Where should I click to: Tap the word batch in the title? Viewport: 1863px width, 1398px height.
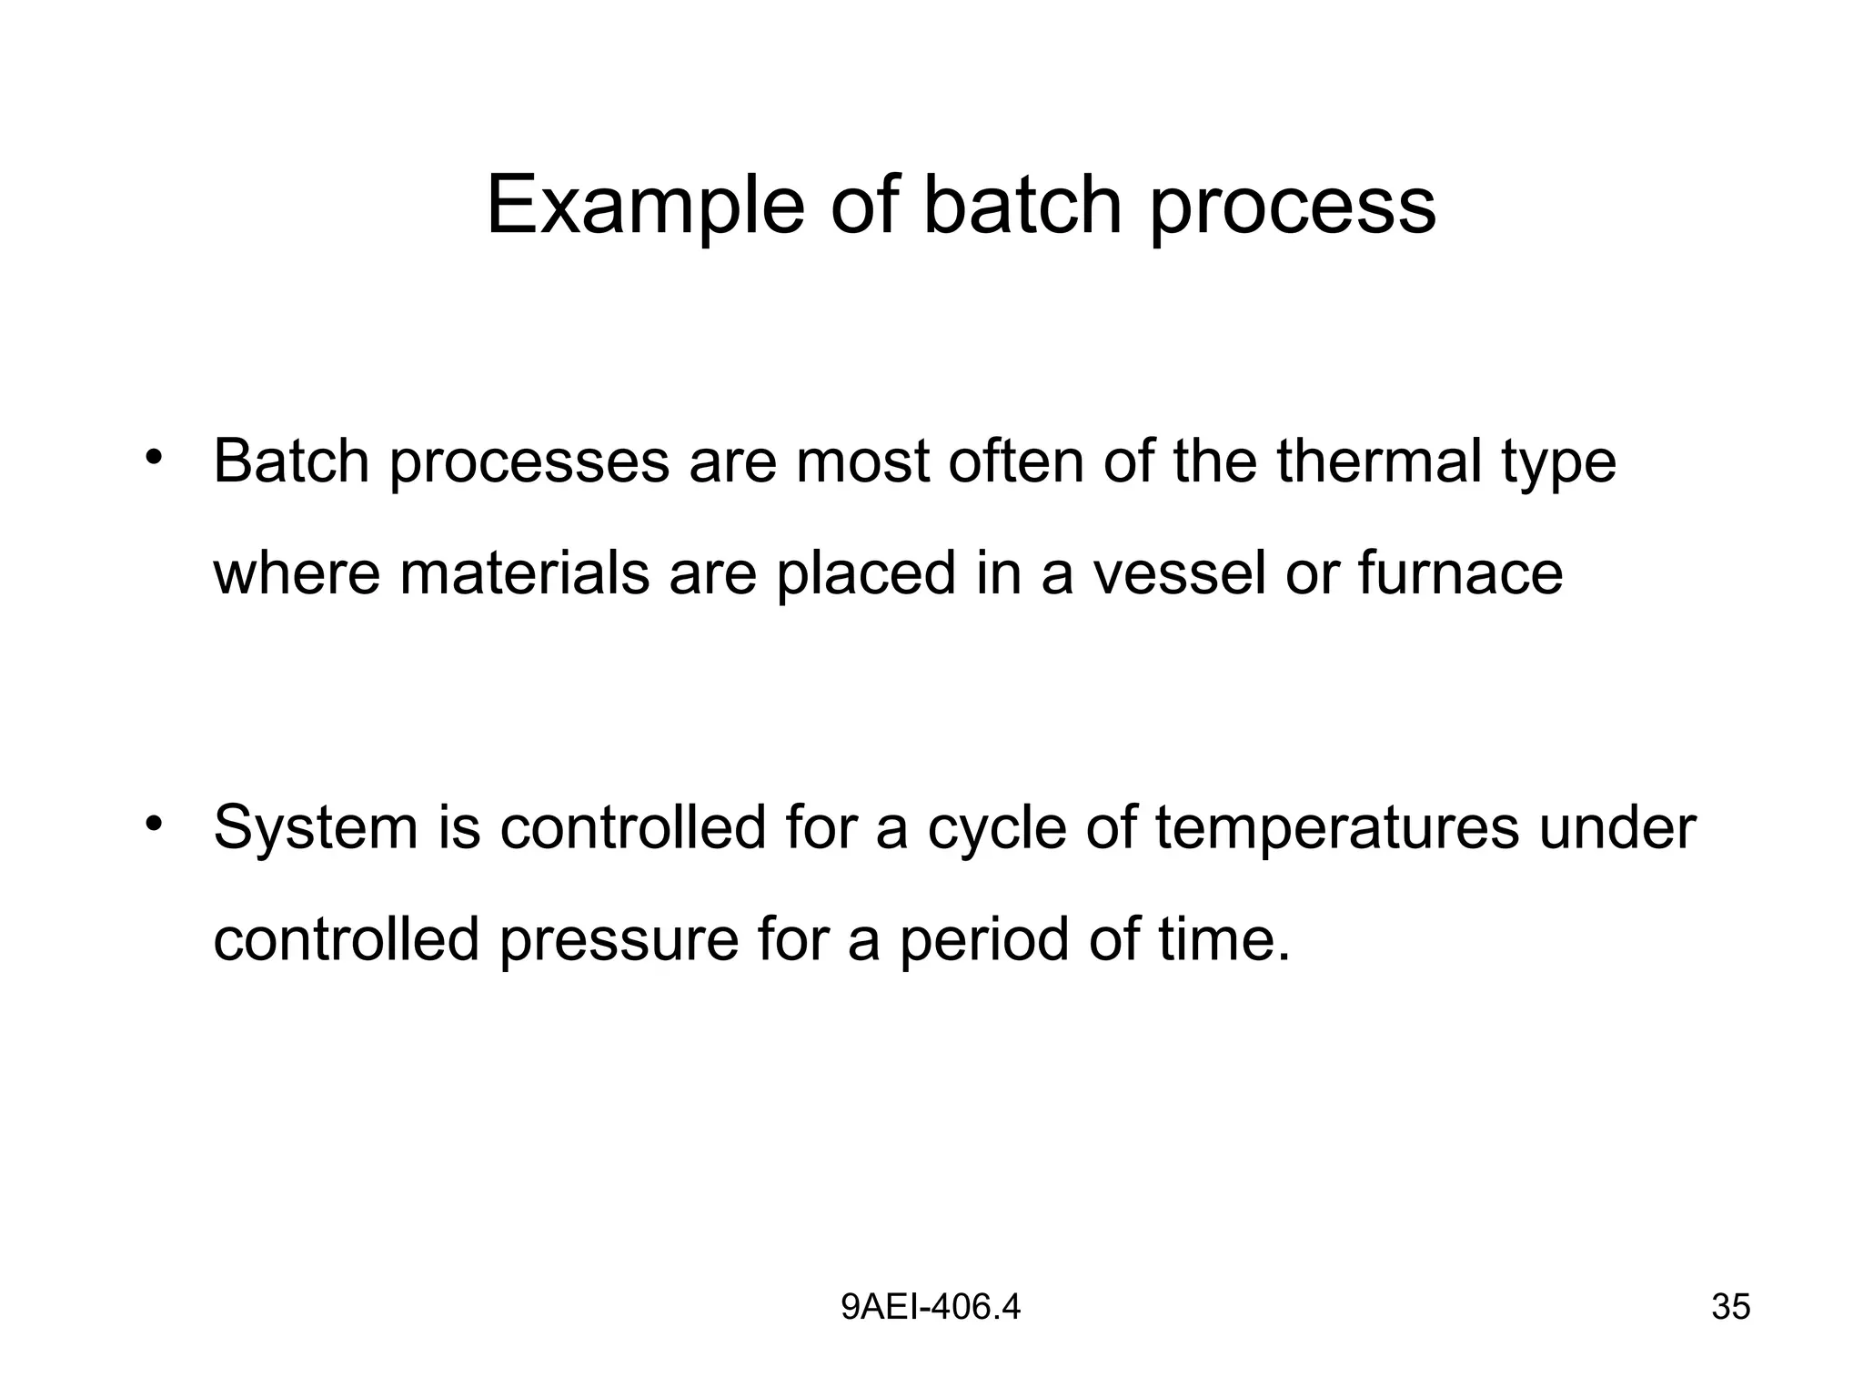click(1022, 206)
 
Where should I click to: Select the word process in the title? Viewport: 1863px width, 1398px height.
click(1293, 206)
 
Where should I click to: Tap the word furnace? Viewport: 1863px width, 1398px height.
click(1460, 573)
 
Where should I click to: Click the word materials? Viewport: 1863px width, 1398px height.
click(525, 573)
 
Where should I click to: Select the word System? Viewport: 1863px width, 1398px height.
click(315, 828)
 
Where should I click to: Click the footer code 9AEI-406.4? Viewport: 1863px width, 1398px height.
click(931, 1307)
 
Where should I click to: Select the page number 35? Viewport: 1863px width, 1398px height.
click(1730, 1307)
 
